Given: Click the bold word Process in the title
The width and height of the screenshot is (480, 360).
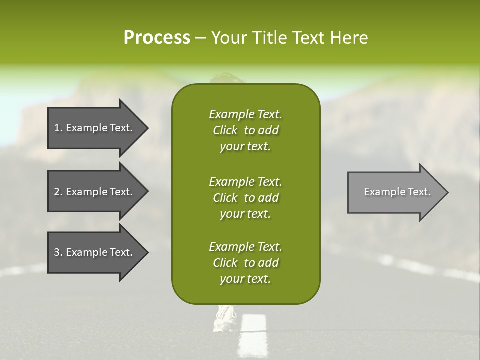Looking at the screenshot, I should point(157,38).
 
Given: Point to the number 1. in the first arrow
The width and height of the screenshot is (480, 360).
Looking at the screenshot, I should point(58,128).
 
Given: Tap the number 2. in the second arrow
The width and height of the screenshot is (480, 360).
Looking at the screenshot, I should point(58,192).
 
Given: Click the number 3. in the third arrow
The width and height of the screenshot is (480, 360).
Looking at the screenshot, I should point(58,252).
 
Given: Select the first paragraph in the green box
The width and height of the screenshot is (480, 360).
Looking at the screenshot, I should point(245,130).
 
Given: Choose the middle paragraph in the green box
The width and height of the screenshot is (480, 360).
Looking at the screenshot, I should point(245,197).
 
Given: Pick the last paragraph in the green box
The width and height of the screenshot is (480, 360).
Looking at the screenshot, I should point(245,263).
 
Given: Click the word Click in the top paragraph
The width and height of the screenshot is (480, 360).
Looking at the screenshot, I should point(225,130).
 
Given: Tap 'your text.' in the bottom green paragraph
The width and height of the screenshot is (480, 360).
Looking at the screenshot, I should point(245,279).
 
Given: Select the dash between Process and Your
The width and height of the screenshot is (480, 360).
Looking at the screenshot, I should point(200,38).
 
